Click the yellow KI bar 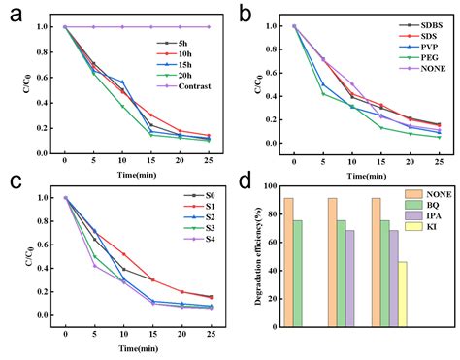tap(403, 294)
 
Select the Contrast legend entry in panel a tap(183, 86)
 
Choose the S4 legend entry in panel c tap(200, 240)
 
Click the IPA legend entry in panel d tap(423, 216)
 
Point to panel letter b tap(245, 15)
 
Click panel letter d tap(245, 180)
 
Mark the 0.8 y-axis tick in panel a tap(42, 52)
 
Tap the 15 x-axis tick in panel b tap(381, 162)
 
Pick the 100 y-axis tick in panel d tap(271, 186)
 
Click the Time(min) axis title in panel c tap(139, 349)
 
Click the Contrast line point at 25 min tap(209, 27)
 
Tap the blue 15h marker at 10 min tap(122, 82)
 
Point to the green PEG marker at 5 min tap(323, 94)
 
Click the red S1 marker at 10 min tap(123, 254)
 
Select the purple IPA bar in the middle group tap(349, 278)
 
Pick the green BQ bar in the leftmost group tap(298, 274)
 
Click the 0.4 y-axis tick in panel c tap(43, 269)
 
